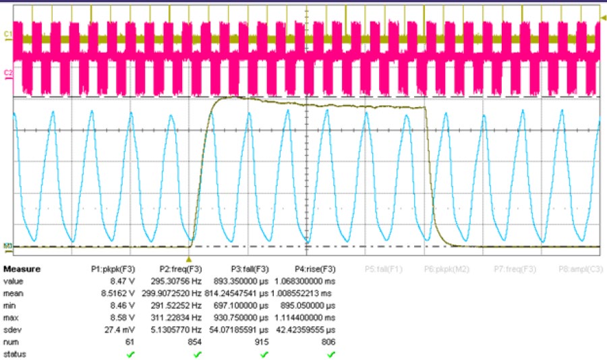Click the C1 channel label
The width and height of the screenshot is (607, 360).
(x=7, y=32)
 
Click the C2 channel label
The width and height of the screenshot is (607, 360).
(x=7, y=71)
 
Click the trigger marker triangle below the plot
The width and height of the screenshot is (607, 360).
(x=189, y=258)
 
